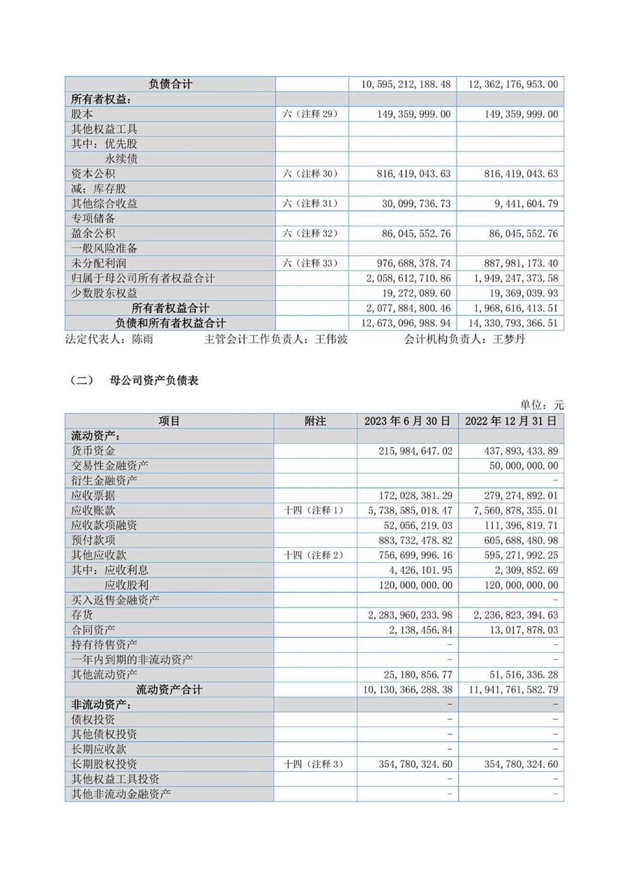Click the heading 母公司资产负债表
154,381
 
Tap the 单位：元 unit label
541,405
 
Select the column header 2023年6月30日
407,421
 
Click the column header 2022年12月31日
511,421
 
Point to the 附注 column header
315,421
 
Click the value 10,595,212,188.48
406,84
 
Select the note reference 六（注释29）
311,114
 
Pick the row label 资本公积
93,174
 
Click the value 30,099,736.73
416,203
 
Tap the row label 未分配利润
99,263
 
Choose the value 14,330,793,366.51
513,323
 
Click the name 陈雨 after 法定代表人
143,339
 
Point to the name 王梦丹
509,339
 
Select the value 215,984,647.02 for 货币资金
415,451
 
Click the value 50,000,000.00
524,466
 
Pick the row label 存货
82,615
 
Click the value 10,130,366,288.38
407,690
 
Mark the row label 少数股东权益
104,293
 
